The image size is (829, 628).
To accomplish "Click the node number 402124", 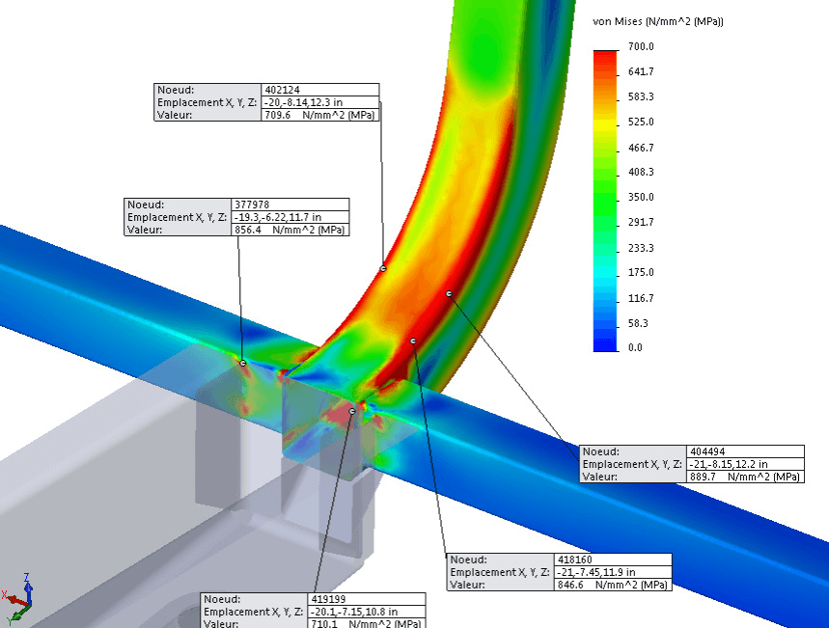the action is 283,90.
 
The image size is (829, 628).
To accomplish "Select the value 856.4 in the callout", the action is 248,230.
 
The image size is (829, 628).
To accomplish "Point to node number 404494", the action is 707,451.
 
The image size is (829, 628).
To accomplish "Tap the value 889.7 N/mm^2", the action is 744,477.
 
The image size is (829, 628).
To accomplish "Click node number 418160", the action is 574,560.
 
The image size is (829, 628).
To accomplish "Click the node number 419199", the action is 328,599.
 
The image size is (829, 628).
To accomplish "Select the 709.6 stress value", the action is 278,115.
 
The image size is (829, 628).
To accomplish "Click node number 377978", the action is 252,205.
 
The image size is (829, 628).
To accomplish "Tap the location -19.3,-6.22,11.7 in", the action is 278,217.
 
